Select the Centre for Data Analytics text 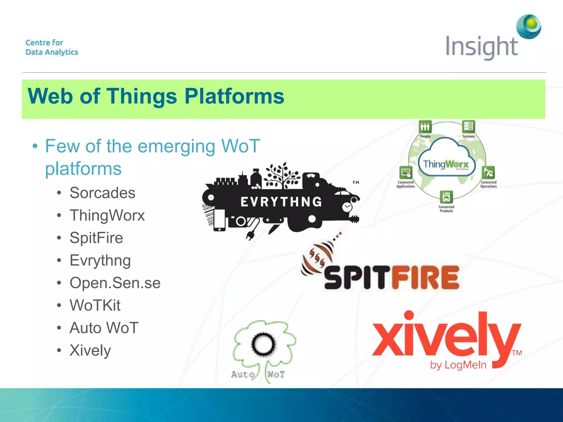click(x=52, y=47)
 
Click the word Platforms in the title click(x=234, y=96)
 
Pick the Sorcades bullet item click(x=102, y=193)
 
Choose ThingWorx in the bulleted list click(x=107, y=215)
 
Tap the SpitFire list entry click(x=96, y=238)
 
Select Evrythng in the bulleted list click(x=100, y=260)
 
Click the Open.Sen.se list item click(x=115, y=283)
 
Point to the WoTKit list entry click(x=95, y=306)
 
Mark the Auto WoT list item click(x=104, y=328)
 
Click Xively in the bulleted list click(x=90, y=351)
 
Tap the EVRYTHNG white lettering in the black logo click(x=281, y=202)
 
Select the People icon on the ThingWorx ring click(x=425, y=127)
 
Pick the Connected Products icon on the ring click(x=446, y=197)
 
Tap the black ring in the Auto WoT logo click(x=263, y=344)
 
